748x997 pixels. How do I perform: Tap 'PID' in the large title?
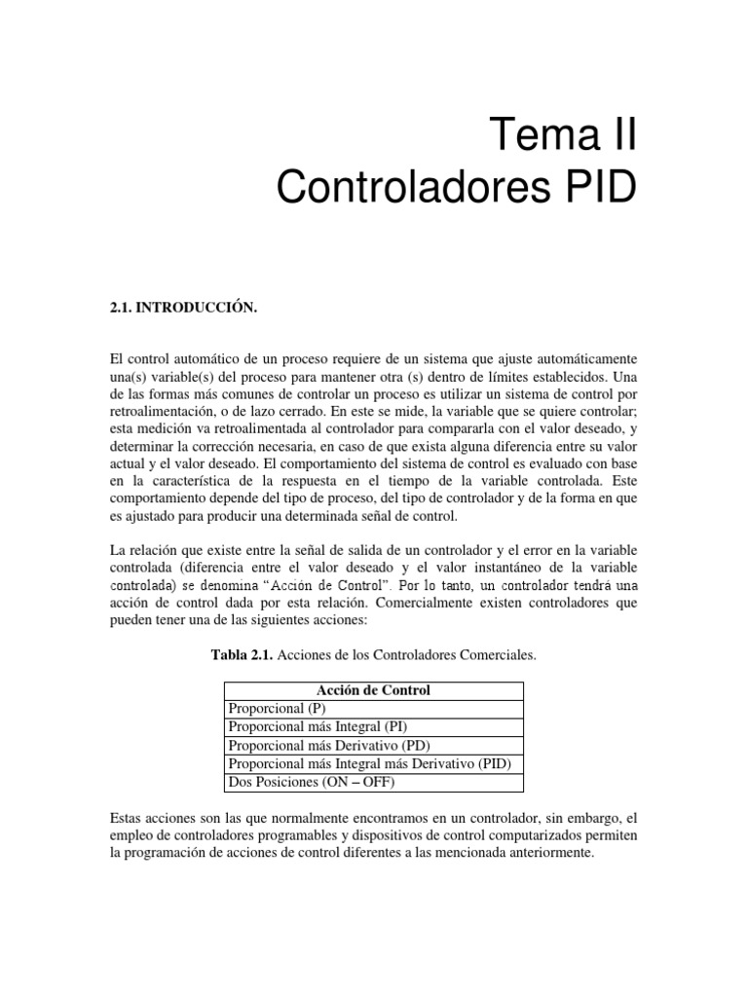[589, 186]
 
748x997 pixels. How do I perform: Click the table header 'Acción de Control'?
[373, 690]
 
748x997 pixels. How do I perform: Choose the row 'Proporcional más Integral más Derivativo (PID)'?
[368, 764]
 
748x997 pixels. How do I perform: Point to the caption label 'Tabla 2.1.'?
[243, 656]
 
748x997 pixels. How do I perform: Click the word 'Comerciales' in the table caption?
[496, 656]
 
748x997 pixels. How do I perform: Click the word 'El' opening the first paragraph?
[118, 358]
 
